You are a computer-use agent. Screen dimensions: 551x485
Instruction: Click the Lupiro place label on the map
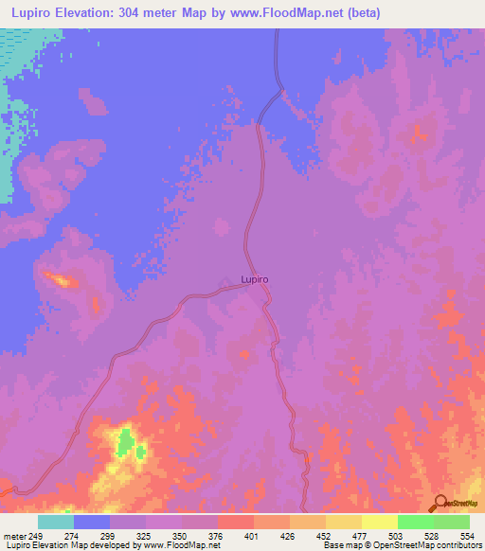tap(255, 280)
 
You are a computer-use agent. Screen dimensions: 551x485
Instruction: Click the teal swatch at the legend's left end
tap(56, 522)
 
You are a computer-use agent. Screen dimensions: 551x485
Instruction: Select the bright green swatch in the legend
tap(415, 522)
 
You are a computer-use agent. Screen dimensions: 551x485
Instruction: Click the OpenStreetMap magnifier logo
tap(440, 503)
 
